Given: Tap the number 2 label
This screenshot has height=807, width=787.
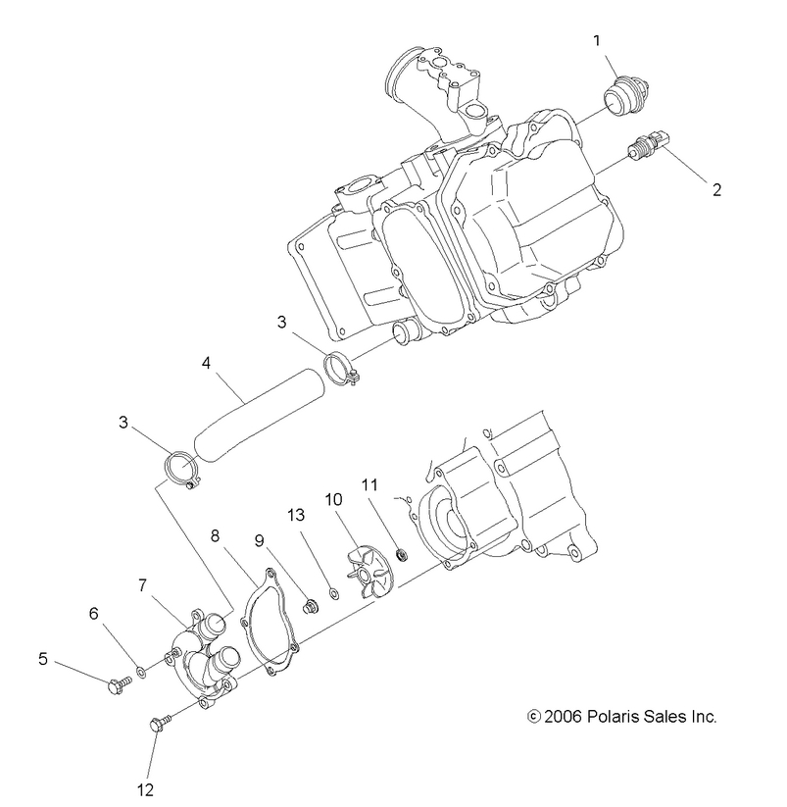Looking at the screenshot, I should coord(716,189).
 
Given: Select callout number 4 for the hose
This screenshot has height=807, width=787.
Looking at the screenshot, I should coord(206,363).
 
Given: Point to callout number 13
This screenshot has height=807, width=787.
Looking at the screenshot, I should coord(296,515).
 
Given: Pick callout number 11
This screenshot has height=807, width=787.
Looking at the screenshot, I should coord(369,483).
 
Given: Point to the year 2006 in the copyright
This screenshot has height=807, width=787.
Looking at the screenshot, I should coord(566,717).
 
